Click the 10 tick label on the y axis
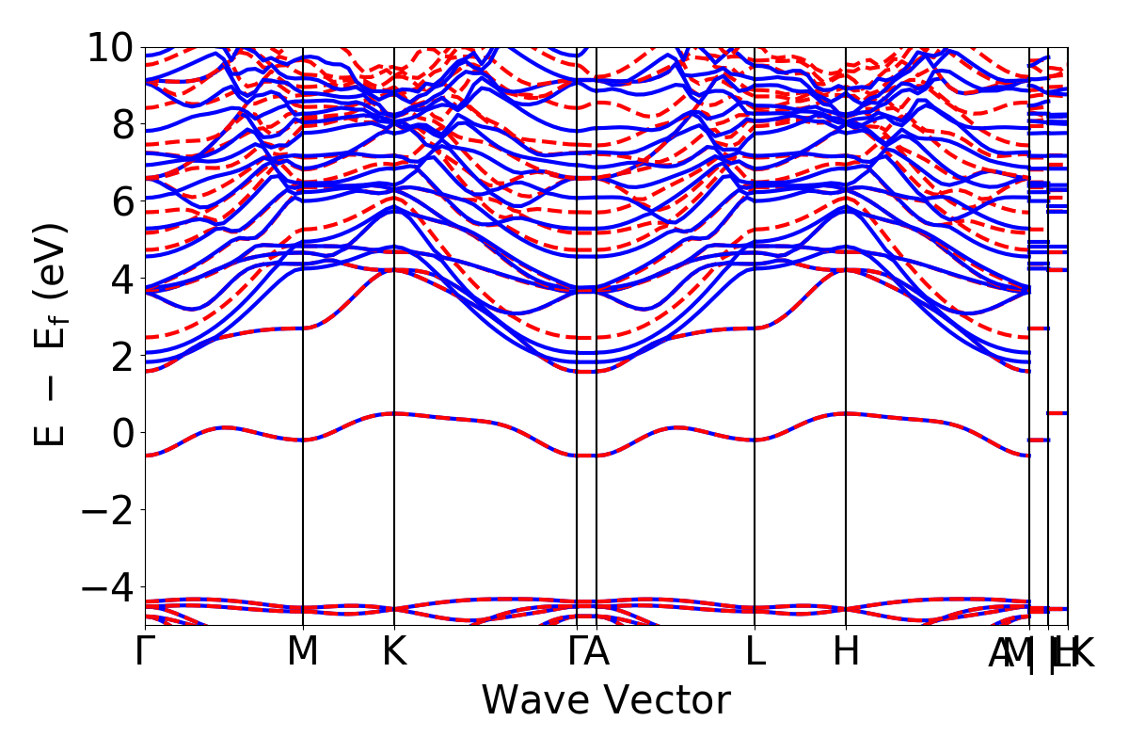pyautogui.click(x=111, y=47)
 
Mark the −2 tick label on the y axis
pyautogui.click(x=111, y=510)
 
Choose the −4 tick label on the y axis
pyautogui.click(x=111, y=587)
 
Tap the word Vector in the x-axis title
pyautogui.click(x=670, y=701)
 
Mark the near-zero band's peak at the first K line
pyautogui.click(x=394, y=413)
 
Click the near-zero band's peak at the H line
pyautogui.click(x=846, y=413)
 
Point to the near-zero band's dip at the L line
pyautogui.click(x=755, y=440)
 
